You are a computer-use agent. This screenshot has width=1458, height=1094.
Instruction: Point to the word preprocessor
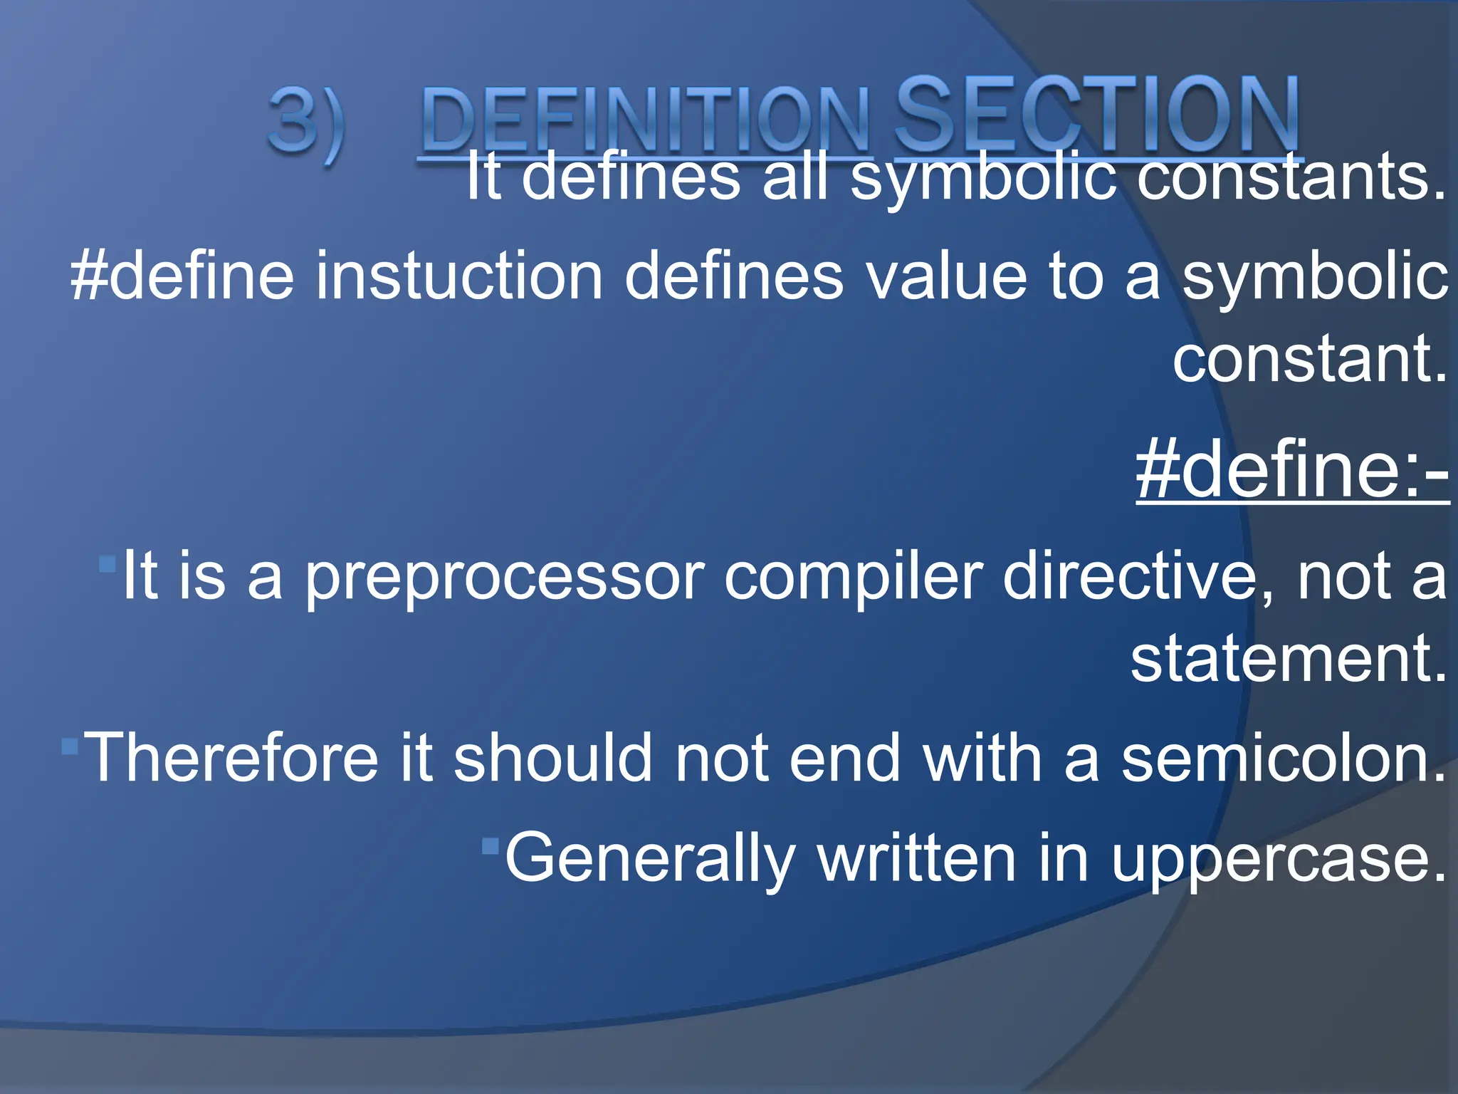click(504, 577)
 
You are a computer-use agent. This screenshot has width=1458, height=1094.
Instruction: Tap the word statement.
click(1289, 658)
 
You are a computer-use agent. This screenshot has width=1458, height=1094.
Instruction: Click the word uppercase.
click(1279, 858)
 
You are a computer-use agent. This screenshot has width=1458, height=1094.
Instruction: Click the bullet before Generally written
click(490, 845)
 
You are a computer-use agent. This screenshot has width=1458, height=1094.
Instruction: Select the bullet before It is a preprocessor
click(107, 565)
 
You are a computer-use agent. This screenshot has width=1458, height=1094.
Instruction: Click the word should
click(552, 758)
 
